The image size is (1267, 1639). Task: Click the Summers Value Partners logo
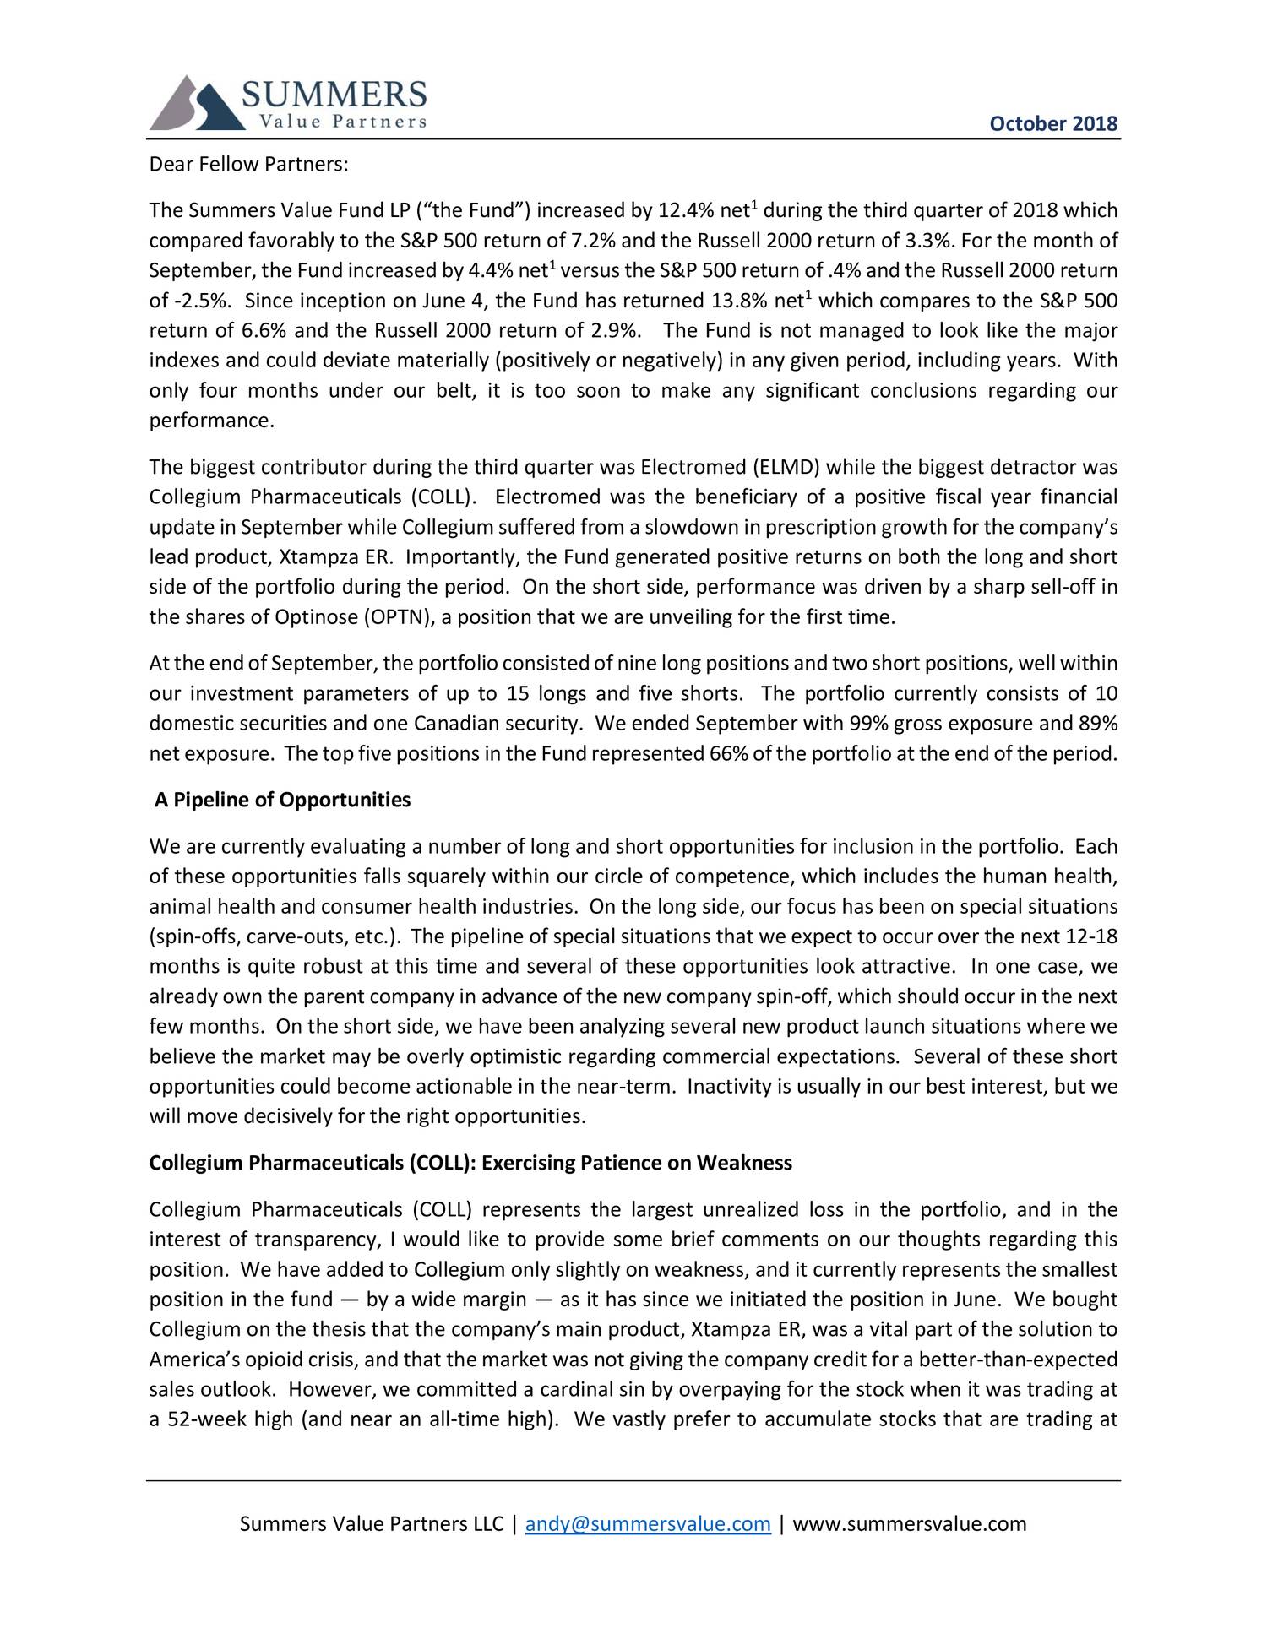[287, 103]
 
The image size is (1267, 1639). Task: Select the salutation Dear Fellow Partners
[248, 164]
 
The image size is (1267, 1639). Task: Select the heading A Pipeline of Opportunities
[282, 800]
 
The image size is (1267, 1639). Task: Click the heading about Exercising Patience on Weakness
[470, 1163]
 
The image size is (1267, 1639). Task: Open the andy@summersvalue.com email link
[648, 1523]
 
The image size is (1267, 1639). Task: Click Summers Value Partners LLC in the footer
[372, 1523]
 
